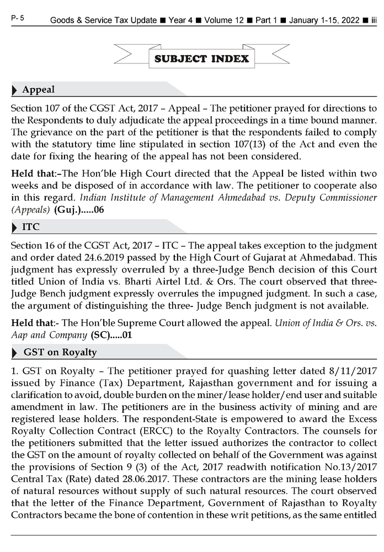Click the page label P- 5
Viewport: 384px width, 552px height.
pos(17,19)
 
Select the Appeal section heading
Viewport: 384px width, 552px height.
pos(38,89)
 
